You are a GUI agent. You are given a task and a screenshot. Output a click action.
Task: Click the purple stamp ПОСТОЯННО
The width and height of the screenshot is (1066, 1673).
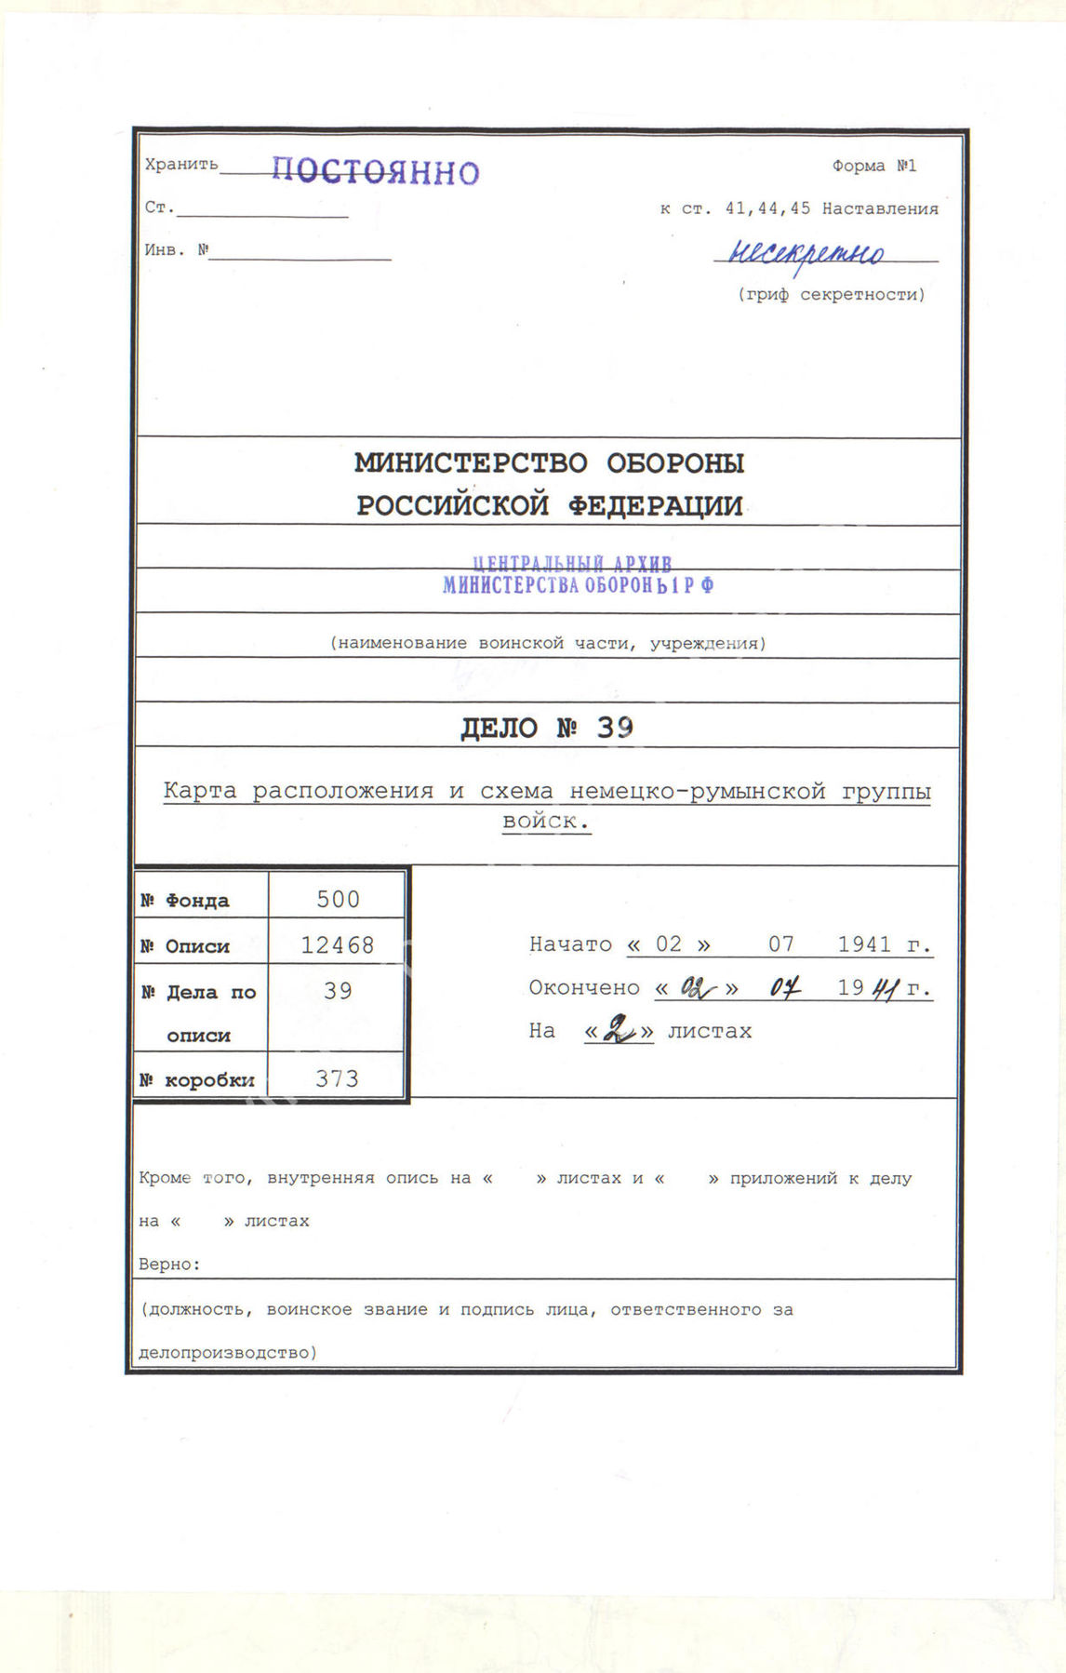click(376, 171)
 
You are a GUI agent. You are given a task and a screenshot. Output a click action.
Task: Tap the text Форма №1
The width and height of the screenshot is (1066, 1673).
click(874, 166)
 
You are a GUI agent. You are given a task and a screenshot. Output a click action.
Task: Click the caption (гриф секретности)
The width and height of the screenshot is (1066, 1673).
click(832, 295)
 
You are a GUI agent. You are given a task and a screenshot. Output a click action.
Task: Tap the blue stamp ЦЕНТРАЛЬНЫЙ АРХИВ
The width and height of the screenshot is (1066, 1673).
click(572, 564)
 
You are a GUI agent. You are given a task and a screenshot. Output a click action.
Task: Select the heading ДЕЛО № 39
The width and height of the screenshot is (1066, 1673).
click(547, 727)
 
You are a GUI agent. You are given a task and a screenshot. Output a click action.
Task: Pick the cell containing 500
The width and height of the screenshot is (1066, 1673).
click(338, 899)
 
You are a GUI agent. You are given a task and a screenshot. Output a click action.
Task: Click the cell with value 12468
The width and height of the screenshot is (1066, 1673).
click(338, 945)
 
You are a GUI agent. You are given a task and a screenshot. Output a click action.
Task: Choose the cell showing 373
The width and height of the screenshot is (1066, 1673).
click(337, 1078)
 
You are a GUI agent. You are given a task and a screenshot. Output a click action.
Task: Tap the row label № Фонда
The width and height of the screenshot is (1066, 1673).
click(185, 901)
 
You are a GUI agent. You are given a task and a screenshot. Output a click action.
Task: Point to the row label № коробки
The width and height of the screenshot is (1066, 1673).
click(196, 1080)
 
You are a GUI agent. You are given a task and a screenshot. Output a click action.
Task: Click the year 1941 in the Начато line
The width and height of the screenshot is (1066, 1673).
click(864, 944)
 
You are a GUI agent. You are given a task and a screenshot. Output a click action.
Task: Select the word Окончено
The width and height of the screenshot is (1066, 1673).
click(584, 988)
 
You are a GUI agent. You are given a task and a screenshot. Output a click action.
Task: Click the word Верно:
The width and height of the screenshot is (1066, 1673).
click(169, 1265)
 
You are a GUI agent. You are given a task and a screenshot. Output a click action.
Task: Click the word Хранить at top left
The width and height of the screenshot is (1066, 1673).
click(181, 165)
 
